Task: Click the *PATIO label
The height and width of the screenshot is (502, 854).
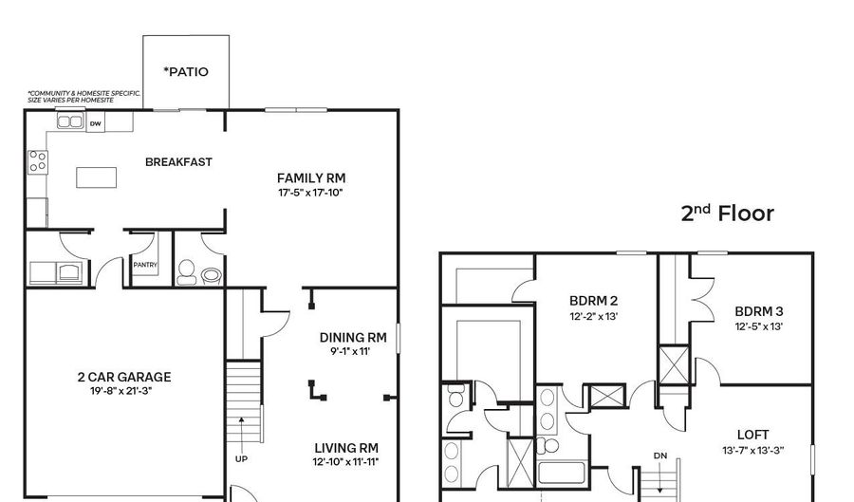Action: (x=186, y=72)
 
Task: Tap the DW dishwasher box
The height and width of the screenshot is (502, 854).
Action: (x=95, y=123)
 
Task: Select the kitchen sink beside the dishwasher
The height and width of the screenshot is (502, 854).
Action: (x=70, y=121)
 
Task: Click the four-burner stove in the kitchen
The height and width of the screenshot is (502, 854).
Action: (x=38, y=162)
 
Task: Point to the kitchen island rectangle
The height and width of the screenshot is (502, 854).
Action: (x=97, y=177)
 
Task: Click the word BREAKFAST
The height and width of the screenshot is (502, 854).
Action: (x=178, y=162)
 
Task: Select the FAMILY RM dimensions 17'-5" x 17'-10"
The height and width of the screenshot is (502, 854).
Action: (x=310, y=193)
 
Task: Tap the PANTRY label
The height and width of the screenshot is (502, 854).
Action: (x=145, y=265)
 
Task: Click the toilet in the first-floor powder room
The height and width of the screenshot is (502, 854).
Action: (x=186, y=271)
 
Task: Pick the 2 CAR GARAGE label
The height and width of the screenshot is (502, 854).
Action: (x=124, y=377)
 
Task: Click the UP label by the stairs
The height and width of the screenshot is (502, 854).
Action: (x=241, y=459)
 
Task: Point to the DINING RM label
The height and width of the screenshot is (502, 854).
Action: (x=353, y=338)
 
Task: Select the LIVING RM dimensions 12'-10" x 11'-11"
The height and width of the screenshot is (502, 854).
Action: (x=345, y=462)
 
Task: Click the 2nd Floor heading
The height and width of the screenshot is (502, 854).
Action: (x=727, y=213)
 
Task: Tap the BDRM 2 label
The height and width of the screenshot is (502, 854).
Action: (x=594, y=301)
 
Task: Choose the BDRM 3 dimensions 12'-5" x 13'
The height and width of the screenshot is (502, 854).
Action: (x=759, y=326)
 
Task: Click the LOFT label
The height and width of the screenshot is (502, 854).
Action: (x=753, y=435)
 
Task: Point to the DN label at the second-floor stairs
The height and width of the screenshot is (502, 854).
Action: (x=660, y=456)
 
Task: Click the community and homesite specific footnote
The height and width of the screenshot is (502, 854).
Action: (x=84, y=97)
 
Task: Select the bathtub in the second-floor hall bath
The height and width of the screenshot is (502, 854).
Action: (x=562, y=473)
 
